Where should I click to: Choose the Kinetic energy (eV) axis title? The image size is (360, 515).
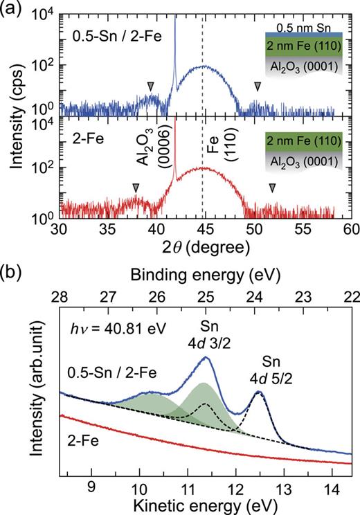(x=206, y=503)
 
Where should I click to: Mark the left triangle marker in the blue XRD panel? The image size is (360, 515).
(x=150, y=85)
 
